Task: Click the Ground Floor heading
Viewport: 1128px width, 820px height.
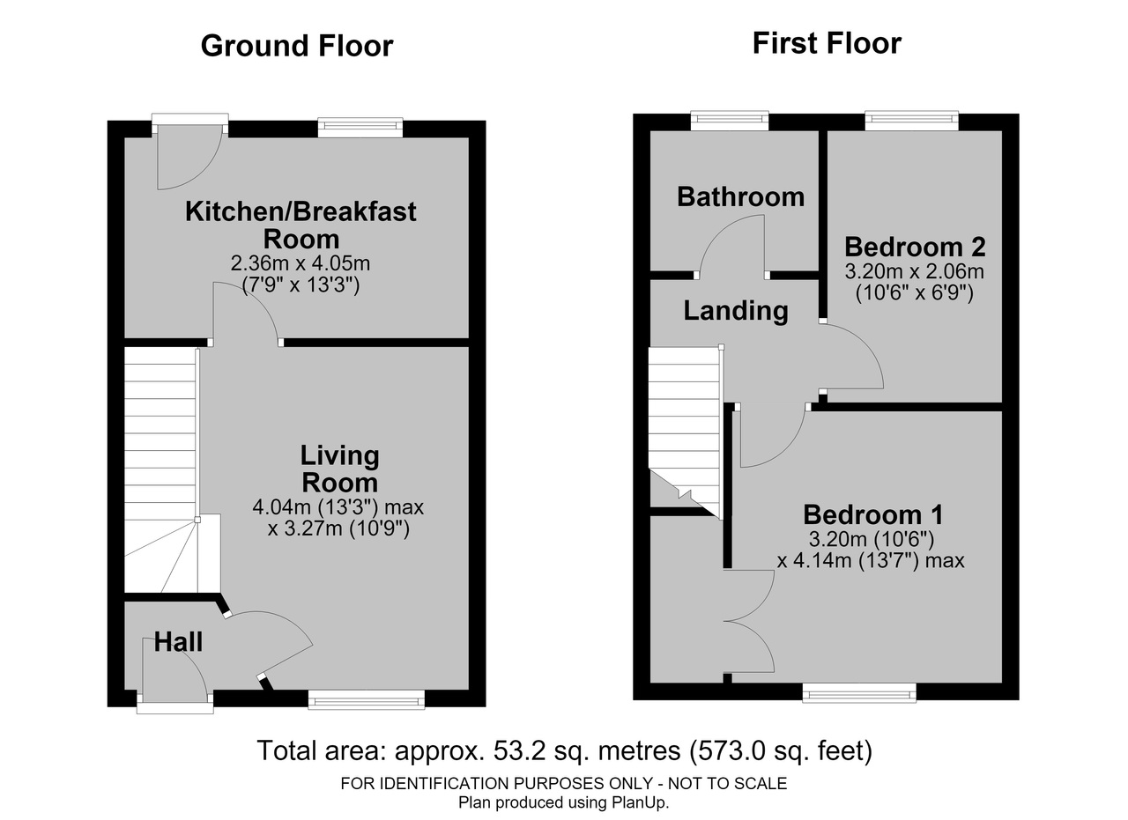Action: tap(297, 46)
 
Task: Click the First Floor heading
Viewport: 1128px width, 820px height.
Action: tap(827, 43)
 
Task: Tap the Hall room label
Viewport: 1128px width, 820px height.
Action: tap(178, 642)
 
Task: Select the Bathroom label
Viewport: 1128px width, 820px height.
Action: tap(740, 196)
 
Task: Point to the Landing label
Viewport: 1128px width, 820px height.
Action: tap(736, 311)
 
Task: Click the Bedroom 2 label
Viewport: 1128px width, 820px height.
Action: tap(915, 247)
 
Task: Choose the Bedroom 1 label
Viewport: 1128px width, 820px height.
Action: tap(872, 514)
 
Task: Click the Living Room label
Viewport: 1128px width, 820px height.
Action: tap(339, 469)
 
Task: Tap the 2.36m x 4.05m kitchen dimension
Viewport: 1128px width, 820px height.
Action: tap(301, 262)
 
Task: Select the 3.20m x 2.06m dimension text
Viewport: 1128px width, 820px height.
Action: tap(914, 271)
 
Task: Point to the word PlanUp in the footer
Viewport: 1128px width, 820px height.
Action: tap(639, 802)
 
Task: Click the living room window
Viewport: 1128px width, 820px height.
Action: tap(366, 699)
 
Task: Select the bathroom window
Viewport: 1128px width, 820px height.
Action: tap(730, 121)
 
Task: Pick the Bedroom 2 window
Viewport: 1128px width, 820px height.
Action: tap(911, 121)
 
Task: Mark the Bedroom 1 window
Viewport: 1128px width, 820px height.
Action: tap(859, 692)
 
